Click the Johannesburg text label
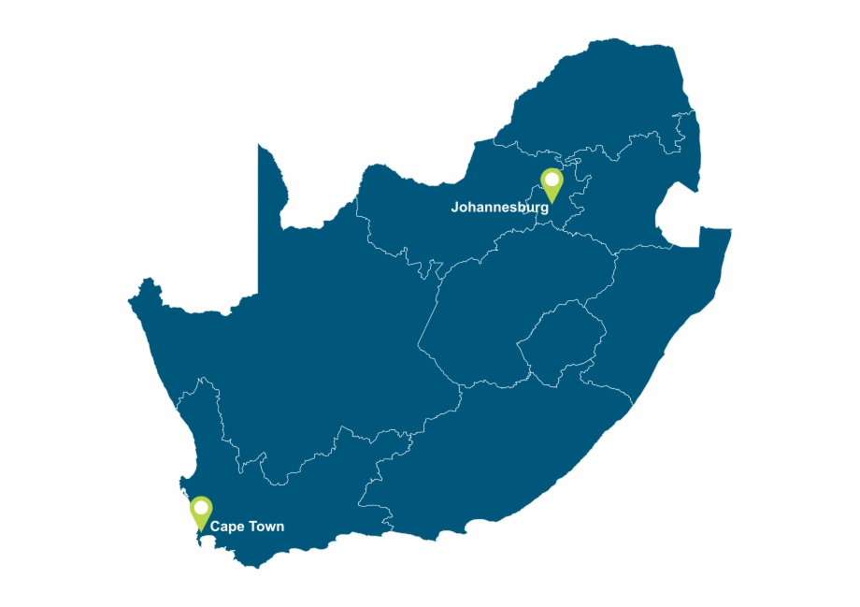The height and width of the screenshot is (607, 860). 499,208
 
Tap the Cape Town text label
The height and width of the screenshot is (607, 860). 247,527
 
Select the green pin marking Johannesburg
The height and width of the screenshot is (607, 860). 552,184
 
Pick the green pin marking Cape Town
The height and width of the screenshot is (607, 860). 201,513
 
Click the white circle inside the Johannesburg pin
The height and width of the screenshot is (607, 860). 552,179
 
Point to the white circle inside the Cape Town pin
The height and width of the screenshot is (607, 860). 201,508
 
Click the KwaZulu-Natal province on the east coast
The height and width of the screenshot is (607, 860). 654,309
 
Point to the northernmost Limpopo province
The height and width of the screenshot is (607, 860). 598,103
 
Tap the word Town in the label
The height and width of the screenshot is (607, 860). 265,527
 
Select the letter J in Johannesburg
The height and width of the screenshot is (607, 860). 455,208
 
